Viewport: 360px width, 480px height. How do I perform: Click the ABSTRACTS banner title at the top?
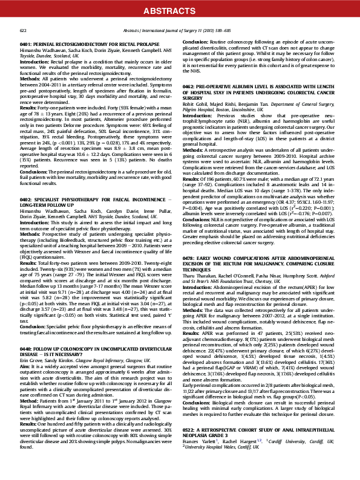[180, 11]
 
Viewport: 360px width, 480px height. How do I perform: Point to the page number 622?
[23, 30]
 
